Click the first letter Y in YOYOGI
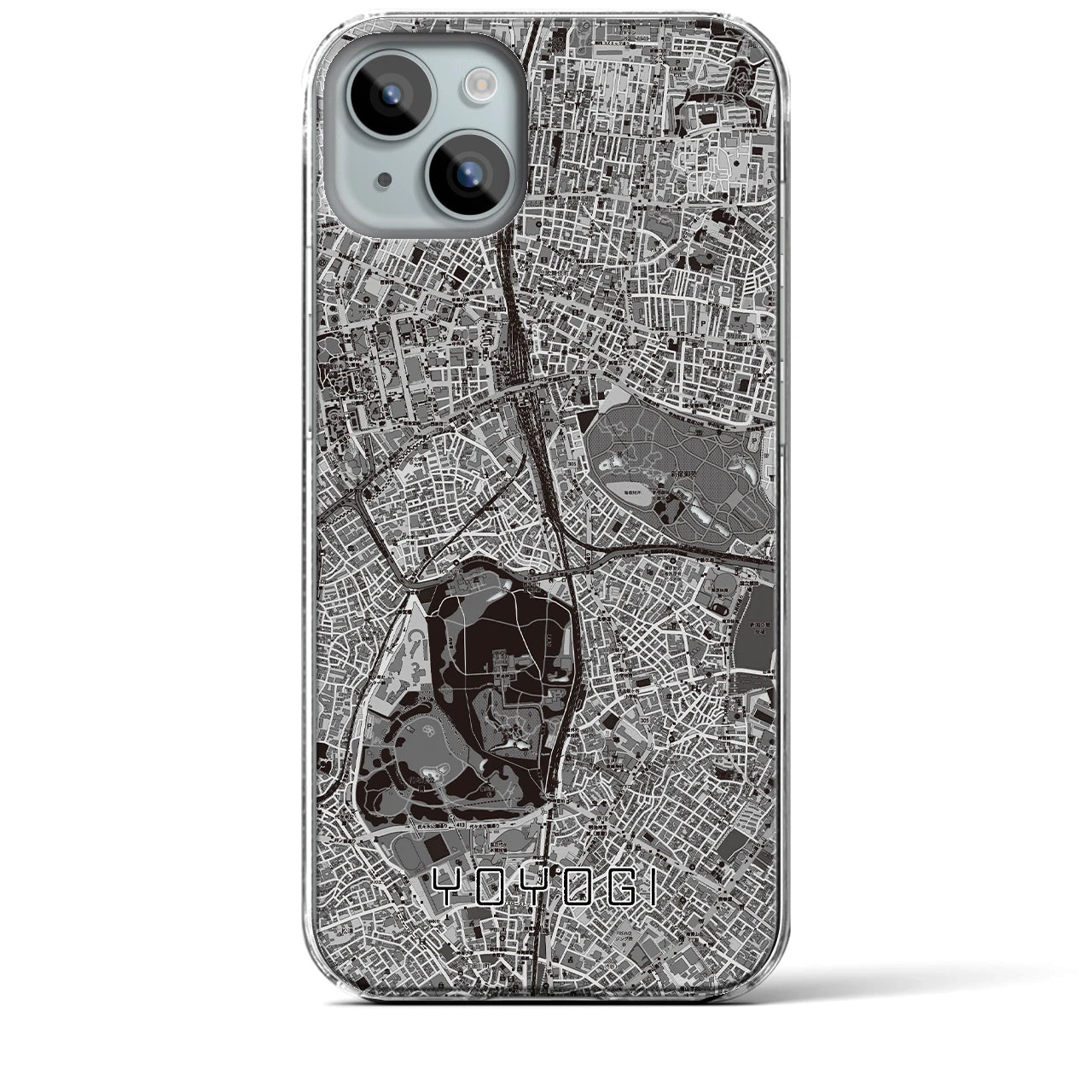click(450, 888)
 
